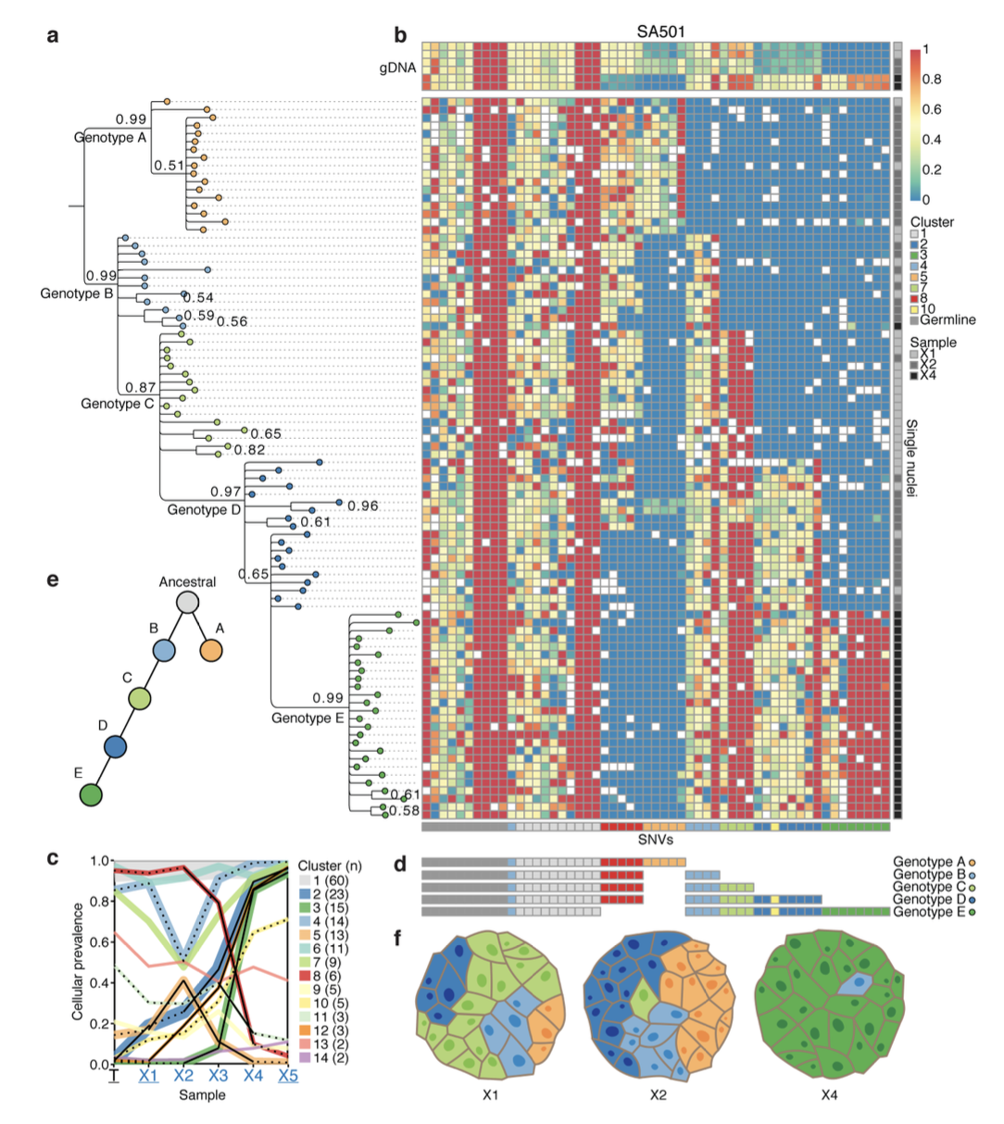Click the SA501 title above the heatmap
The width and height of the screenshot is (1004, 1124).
pyautogui.click(x=660, y=31)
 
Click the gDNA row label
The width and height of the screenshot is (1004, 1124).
pyautogui.click(x=398, y=69)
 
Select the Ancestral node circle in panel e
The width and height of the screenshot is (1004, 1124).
pyautogui.click(x=188, y=603)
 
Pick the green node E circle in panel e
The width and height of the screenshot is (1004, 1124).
pyautogui.click(x=90, y=794)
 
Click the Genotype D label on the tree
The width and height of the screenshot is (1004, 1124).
pyautogui.click(x=204, y=510)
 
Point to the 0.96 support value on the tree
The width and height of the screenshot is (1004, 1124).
pyautogui.click(x=363, y=506)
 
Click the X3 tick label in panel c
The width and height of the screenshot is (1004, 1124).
pyautogui.click(x=218, y=1076)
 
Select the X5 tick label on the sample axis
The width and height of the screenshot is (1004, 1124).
pyautogui.click(x=288, y=1076)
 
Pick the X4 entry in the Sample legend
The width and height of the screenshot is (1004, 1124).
pyautogui.click(x=928, y=376)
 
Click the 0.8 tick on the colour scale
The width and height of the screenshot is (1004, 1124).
pyautogui.click(x=932, y=80)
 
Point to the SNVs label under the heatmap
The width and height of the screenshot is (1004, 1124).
pyautogui.click(x=656, y=840)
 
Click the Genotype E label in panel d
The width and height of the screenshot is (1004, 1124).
pyautogui.click(x=929, y=913)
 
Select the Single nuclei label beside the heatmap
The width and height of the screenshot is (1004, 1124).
pyautogui.click(x=912, y=458)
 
